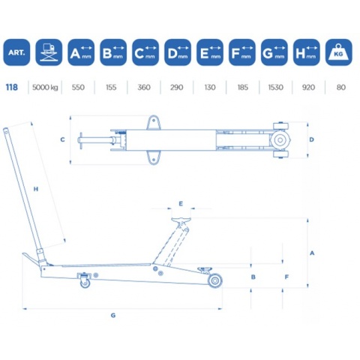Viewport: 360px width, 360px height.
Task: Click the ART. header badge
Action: pos(16,52)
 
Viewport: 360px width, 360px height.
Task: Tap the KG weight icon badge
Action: pos(338,52)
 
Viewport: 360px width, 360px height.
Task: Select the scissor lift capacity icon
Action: pos(49,52)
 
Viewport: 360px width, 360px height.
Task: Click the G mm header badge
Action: pos(274,52)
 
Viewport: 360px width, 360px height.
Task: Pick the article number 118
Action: pos(12,87)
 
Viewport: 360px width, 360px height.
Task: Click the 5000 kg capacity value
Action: pos(45,87)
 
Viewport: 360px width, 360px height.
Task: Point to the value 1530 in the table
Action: pos(275,87)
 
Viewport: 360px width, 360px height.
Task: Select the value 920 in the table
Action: pos(308,87)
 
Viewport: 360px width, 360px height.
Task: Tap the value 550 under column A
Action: pos(78,87)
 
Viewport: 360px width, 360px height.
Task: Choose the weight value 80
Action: pos(341,87)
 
